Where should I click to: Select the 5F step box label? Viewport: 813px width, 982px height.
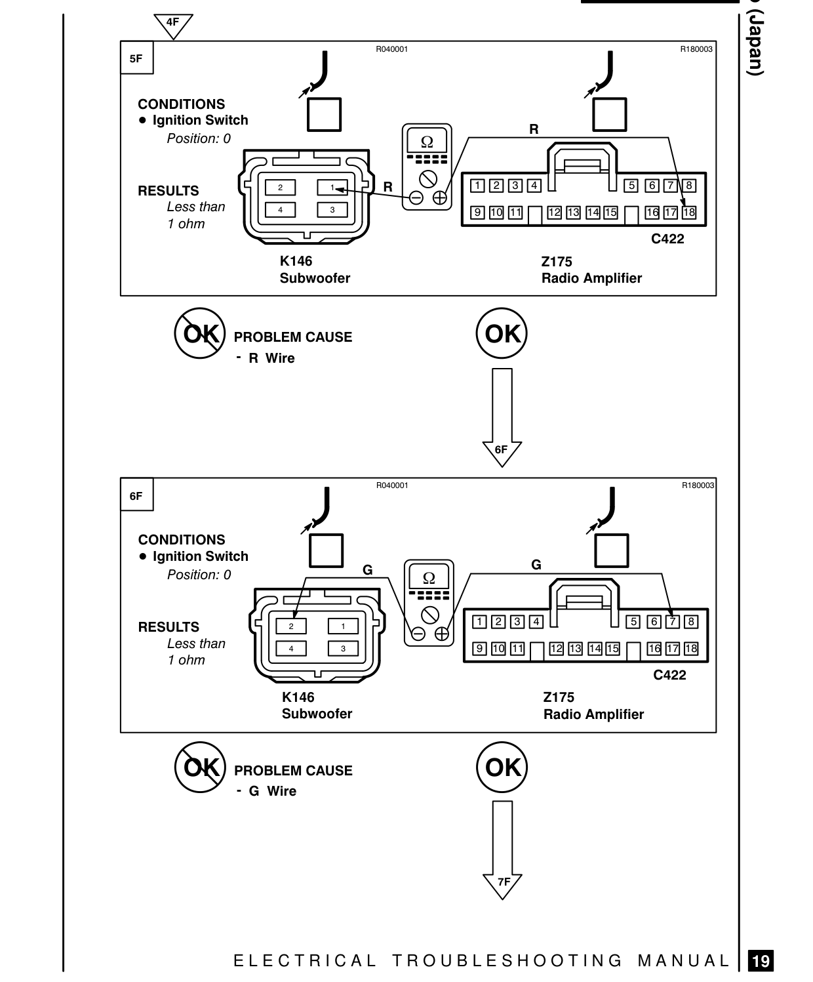(x=136, y=58)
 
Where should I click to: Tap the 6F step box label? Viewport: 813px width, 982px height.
(x=136, y=496)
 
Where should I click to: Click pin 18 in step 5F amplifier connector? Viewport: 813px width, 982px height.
(x=689, y=212)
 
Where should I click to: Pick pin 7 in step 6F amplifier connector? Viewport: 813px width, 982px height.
(x=673, y=622)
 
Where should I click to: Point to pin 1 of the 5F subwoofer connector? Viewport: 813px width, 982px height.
(x=332, y=188)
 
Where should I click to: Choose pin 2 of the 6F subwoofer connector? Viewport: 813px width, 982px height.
(x=291, y=626)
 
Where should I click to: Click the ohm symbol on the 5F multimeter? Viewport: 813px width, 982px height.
(x=427, y=142)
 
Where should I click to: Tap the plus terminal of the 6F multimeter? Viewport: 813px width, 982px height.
(x=441, y=634)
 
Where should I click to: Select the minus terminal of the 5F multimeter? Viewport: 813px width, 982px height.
(x=416, y=197)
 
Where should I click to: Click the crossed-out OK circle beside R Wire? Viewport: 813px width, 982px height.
(x=200, y=333)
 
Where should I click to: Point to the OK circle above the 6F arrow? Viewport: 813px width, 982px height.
(x=502, y=333)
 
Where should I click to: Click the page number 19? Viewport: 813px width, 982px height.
(x=761, y=960)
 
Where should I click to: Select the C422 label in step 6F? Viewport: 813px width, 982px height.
(x=669, y=675)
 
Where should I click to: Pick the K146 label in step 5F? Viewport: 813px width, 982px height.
(x=296, y=261)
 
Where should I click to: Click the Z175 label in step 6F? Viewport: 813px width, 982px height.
(x=559, y=697)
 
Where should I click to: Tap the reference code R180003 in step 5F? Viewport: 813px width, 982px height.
(x=696, y=49)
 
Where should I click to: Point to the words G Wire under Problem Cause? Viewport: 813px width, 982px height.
(x=273, y=790)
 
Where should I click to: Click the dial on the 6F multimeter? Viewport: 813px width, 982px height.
(x=430, y=615)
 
